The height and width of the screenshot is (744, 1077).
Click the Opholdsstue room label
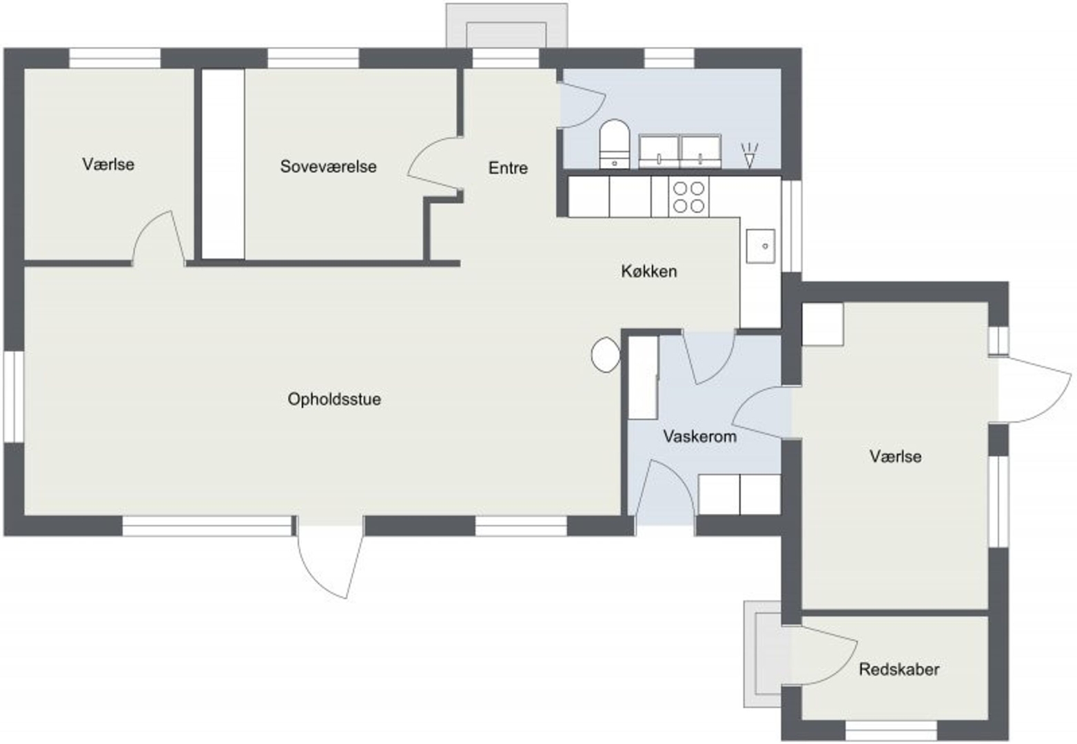(334, 399)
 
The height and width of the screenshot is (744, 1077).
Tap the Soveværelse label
(329, 166)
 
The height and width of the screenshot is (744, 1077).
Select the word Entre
(509, 167)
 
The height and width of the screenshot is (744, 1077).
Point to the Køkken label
(649, 271)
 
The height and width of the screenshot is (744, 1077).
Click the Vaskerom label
(700, 436)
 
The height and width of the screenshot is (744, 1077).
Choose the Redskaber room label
(899, 670)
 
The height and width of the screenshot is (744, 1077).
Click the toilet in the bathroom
(615, 144)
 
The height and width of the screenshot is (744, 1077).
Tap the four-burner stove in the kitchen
(688, 196)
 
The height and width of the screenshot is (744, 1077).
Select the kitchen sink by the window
(761, 246)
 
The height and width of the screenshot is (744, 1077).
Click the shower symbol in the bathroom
(749, 155)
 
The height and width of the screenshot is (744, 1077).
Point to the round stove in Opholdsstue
(606, 355)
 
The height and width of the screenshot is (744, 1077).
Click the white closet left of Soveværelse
(223, 164)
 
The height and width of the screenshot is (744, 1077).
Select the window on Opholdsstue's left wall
(14, 397)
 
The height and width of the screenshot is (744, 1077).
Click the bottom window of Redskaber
(892, 730)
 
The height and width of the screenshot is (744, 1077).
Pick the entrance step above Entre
(506, 25)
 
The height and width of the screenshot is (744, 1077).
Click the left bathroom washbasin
(659, 152)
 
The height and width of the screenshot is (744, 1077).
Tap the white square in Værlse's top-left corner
(823, 324)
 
